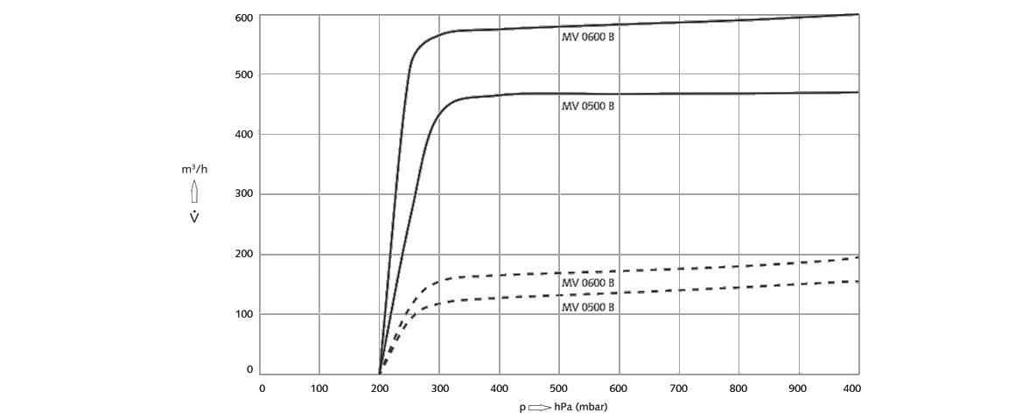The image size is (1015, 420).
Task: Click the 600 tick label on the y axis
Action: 244,17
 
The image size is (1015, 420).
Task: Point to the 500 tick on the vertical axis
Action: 244,74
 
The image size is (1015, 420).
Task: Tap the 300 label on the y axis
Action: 244,193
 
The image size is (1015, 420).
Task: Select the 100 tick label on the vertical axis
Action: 244,313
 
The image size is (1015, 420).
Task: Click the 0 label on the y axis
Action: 249,370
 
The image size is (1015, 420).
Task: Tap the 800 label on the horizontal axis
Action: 738,388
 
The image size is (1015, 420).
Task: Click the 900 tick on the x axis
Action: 797,388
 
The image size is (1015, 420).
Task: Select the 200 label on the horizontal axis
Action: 380,388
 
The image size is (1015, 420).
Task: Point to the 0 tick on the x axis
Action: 262,388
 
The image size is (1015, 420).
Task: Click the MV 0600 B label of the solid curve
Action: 588,38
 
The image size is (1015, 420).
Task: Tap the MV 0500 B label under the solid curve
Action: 588,106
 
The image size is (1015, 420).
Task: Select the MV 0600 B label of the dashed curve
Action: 588,283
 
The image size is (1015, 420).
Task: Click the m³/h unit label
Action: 194,169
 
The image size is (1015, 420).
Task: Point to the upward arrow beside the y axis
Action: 194,192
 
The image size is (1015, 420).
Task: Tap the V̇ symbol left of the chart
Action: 194,215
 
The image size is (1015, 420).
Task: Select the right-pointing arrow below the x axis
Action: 538,407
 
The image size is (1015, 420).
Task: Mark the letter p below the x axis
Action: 521,408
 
